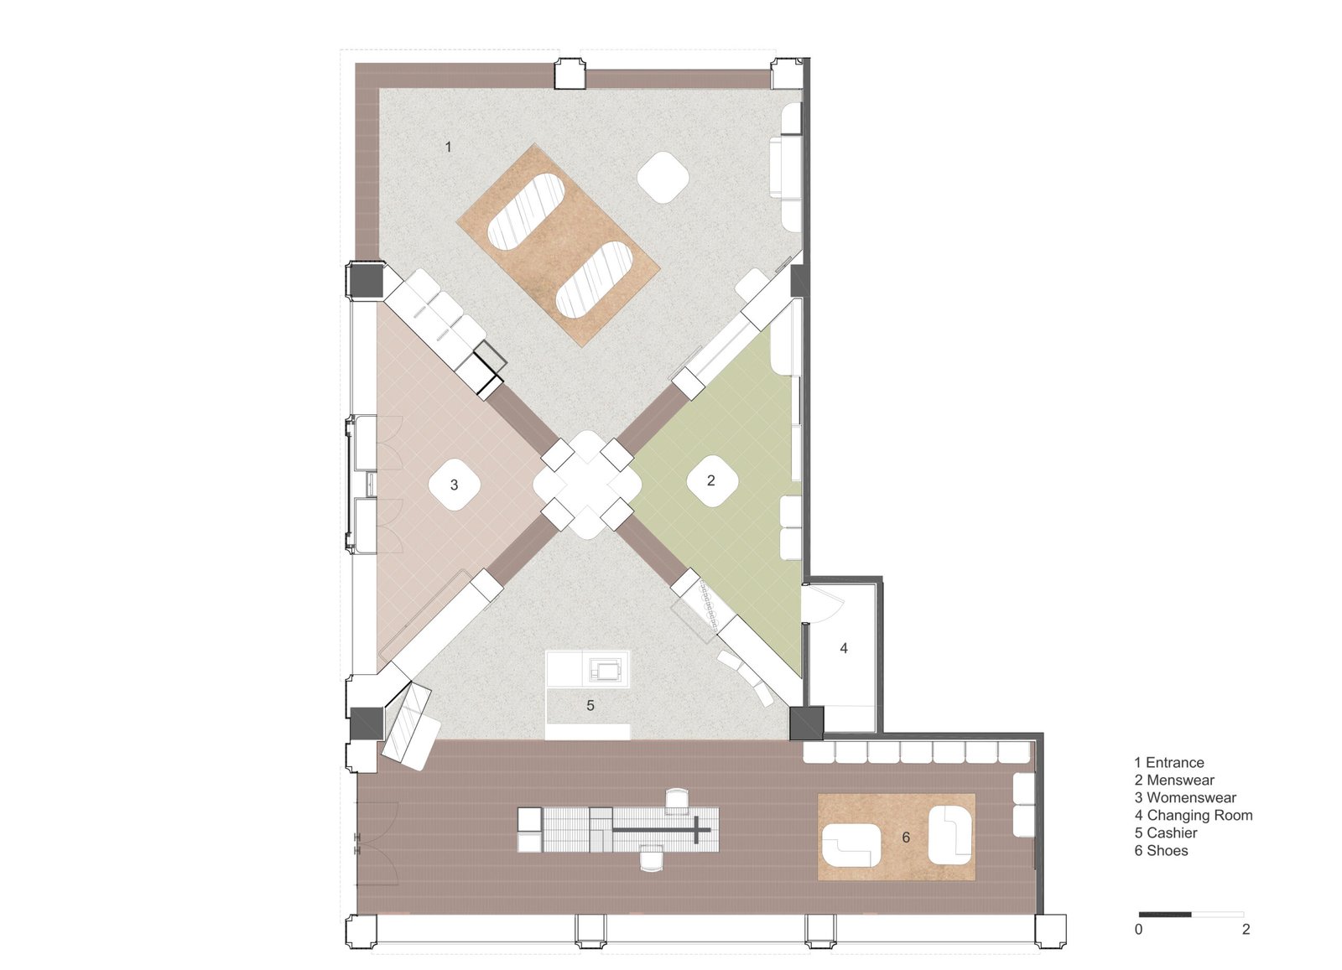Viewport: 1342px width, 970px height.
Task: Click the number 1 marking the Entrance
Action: click(448, 147)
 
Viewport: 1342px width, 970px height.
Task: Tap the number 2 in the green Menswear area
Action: click(711, 480)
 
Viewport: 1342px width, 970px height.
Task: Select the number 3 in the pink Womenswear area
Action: click(454, 485)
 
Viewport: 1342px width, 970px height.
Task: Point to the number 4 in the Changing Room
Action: click(844, 648)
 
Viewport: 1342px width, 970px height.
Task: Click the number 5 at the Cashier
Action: click(590, 706)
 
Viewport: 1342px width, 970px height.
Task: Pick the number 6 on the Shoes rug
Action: click(906, 837)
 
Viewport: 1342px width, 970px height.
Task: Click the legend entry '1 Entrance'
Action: click(1169, 763)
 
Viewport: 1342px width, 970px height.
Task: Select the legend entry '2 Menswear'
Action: click(1174, 781)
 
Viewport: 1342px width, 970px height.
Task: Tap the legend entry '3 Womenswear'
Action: click(1185, 797)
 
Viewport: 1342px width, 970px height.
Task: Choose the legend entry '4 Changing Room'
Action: click(1194, 816)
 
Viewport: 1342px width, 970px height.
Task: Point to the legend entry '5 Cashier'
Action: click(1166, 833)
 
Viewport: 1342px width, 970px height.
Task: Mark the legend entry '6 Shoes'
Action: click(1161, 850)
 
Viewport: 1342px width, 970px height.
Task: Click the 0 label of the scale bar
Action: click(1138, 929)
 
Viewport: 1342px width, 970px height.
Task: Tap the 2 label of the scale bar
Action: click(1246, 929)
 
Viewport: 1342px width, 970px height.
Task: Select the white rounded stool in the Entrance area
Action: click(663, 178)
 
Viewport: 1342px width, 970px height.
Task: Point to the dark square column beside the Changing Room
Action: click(806, 724)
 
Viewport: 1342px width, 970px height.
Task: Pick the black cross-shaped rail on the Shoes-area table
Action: click(662, 830)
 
